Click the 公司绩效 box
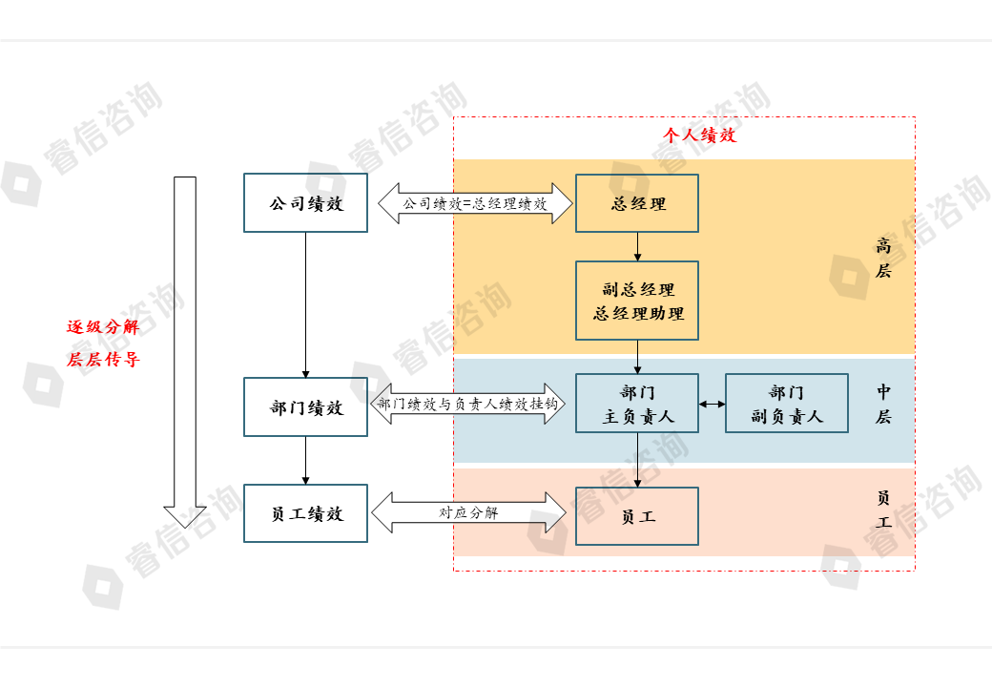pos(305,202)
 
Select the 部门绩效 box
pos(305,407)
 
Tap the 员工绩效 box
pos(305,513)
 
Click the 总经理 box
pos(637,203)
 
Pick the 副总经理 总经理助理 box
pos(637,301)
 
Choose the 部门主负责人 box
pos(637,404)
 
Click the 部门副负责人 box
pos(786,404)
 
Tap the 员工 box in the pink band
pos(637,516)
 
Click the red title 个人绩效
pos(700,135)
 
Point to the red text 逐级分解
pos(103,326)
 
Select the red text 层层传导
pos(103,360)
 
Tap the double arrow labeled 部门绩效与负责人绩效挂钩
pos(467,404)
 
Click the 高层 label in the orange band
pos(883,258)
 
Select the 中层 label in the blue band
pos(883,404)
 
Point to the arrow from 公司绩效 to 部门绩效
pos(305,303)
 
